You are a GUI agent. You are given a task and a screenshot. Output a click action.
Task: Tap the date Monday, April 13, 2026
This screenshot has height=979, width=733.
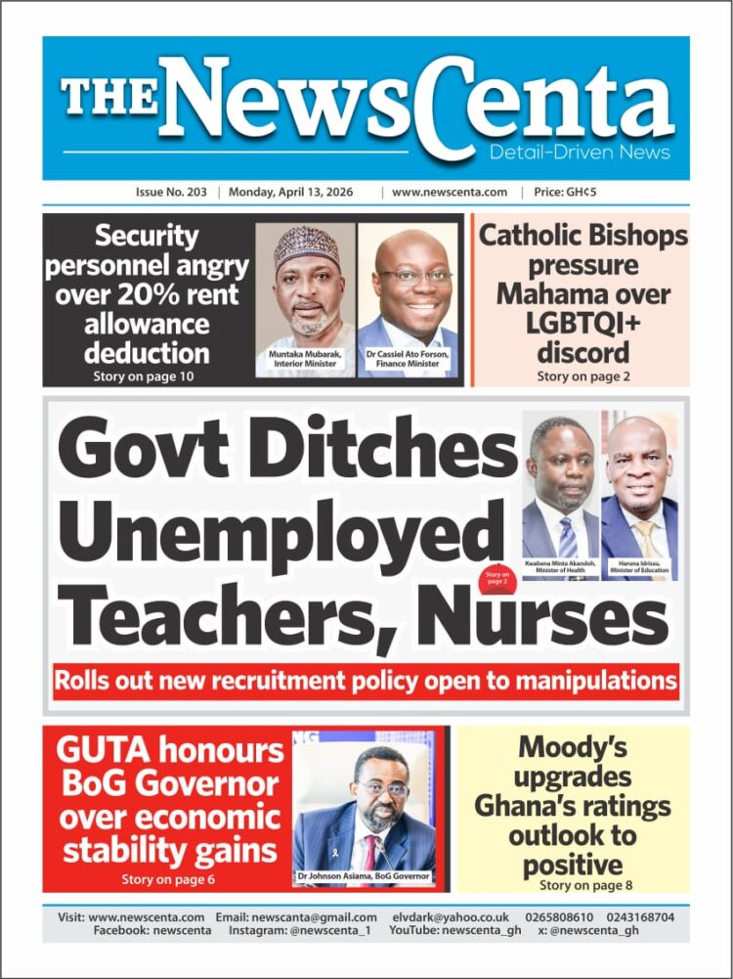tap(297, 193)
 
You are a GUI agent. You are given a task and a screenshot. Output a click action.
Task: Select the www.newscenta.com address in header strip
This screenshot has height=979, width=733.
tap(450, 193)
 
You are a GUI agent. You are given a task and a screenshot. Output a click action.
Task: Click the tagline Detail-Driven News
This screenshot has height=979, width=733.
tap(580, 153)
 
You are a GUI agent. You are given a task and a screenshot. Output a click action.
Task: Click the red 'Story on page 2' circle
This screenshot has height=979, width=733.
tap(497, 580)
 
